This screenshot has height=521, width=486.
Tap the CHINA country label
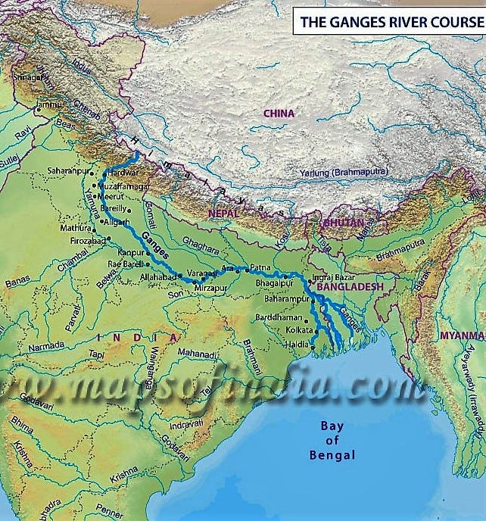pos(279,113)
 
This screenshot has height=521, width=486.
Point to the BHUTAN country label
pos(343,223)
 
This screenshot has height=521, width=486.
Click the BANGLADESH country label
pos(350,288)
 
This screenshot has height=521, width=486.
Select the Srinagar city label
pos(26,76)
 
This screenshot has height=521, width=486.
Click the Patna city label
pos(260,267)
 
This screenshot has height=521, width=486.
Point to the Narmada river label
pos(45,346)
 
